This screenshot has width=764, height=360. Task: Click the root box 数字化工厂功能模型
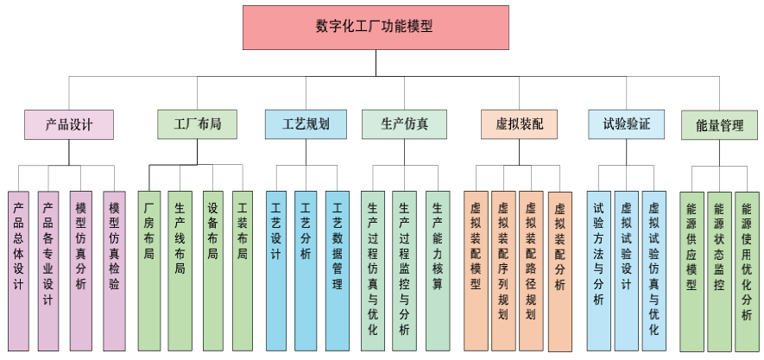coord(374,27)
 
